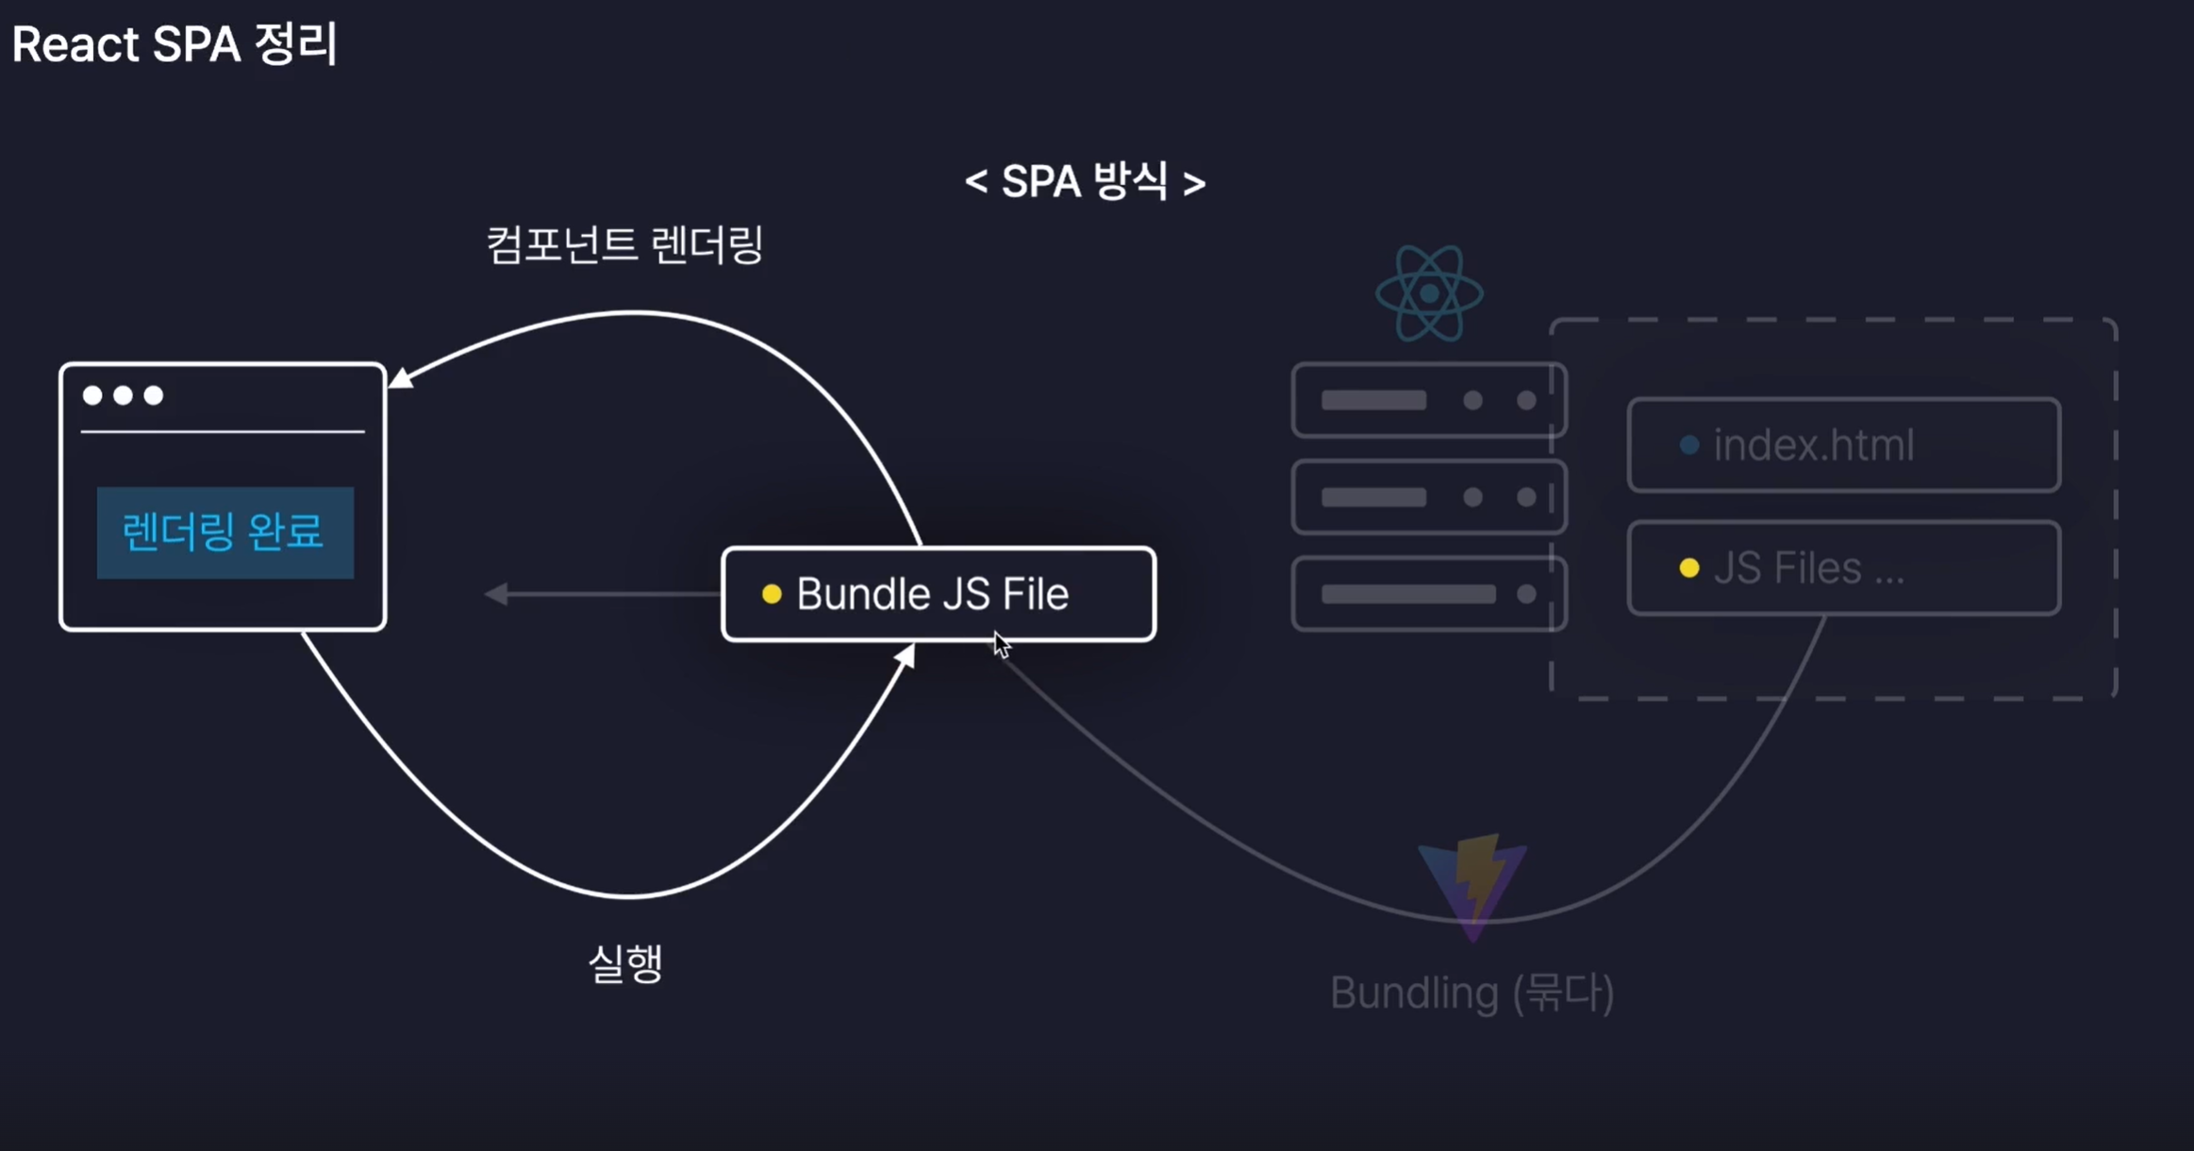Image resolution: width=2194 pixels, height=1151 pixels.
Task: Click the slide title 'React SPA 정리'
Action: pos(175,44)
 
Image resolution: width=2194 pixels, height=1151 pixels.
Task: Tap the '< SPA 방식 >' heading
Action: pos(1085,181)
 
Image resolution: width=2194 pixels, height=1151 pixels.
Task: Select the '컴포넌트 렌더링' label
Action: pos(624,245)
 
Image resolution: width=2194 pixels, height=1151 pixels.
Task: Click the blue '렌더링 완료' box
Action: pos(224,532)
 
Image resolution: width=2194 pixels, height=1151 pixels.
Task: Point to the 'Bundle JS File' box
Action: pos(939,594)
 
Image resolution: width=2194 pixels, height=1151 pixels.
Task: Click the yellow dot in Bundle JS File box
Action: pos(772,594)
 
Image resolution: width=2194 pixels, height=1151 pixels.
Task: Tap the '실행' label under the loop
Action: pos(625,963)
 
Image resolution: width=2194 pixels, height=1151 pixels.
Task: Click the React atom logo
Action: pos(1429,293)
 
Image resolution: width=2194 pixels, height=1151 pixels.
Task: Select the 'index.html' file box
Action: pos(1843,445)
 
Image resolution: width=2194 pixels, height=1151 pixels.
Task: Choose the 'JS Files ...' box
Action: pos(1843,568)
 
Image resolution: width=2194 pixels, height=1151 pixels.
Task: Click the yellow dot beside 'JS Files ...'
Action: pos(1689,568)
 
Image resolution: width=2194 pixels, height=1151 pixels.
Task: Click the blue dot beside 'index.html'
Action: pos(1689,445)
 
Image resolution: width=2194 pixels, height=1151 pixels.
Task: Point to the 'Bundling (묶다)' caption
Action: pos(1471,993)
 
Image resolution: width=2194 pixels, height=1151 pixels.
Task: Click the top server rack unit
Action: pos(1428,400)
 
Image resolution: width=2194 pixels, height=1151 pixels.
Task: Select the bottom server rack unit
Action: pos(1428,593)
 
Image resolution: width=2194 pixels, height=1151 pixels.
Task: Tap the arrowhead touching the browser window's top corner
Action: pos(401,378)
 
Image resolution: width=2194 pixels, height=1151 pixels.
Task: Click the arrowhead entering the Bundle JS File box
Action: pos(906,656)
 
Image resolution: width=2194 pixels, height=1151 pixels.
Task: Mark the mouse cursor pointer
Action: pos(1001,645)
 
